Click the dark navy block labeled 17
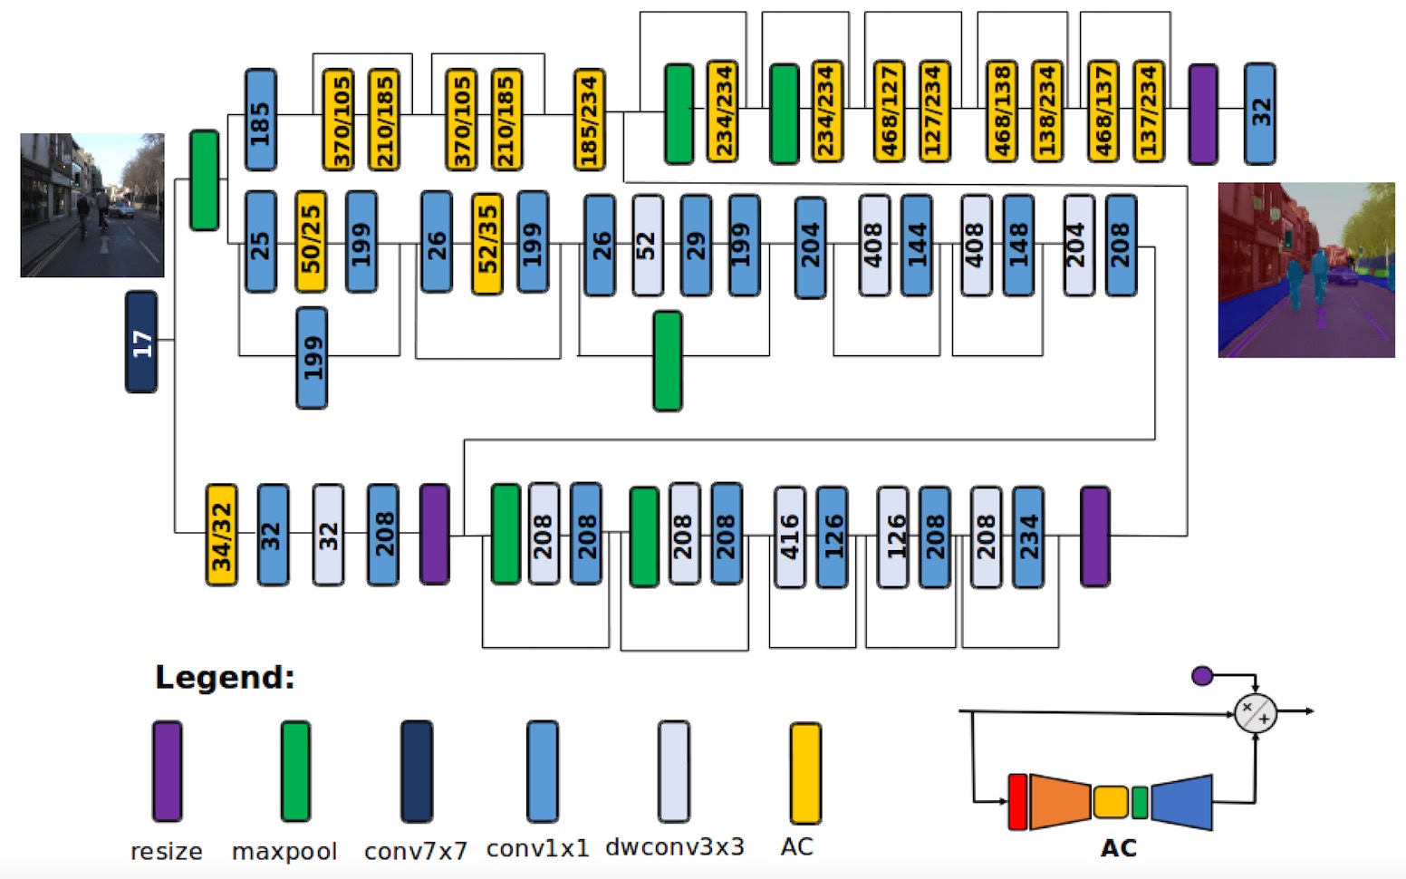pos(141,342)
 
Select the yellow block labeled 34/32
pos(221,535)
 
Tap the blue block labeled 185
pos(261,119)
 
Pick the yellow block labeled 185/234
pos(589,119)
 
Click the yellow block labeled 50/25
pos(311,242)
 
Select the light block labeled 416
pos(790,536)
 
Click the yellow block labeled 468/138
pos(1001,111)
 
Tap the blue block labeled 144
pos(917,245)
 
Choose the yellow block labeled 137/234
pos(1148,111)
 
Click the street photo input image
pos(92,205)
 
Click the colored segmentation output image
pos(1305,269)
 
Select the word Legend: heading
pos(225,677)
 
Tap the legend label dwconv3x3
pos(675,847)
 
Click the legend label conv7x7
pos(416,851)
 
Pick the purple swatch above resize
pos(167,771)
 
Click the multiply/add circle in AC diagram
pos(1255,713)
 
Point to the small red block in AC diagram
pos(1017,801)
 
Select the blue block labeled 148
pos(1018,245)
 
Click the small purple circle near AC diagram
pos(1202,676)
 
